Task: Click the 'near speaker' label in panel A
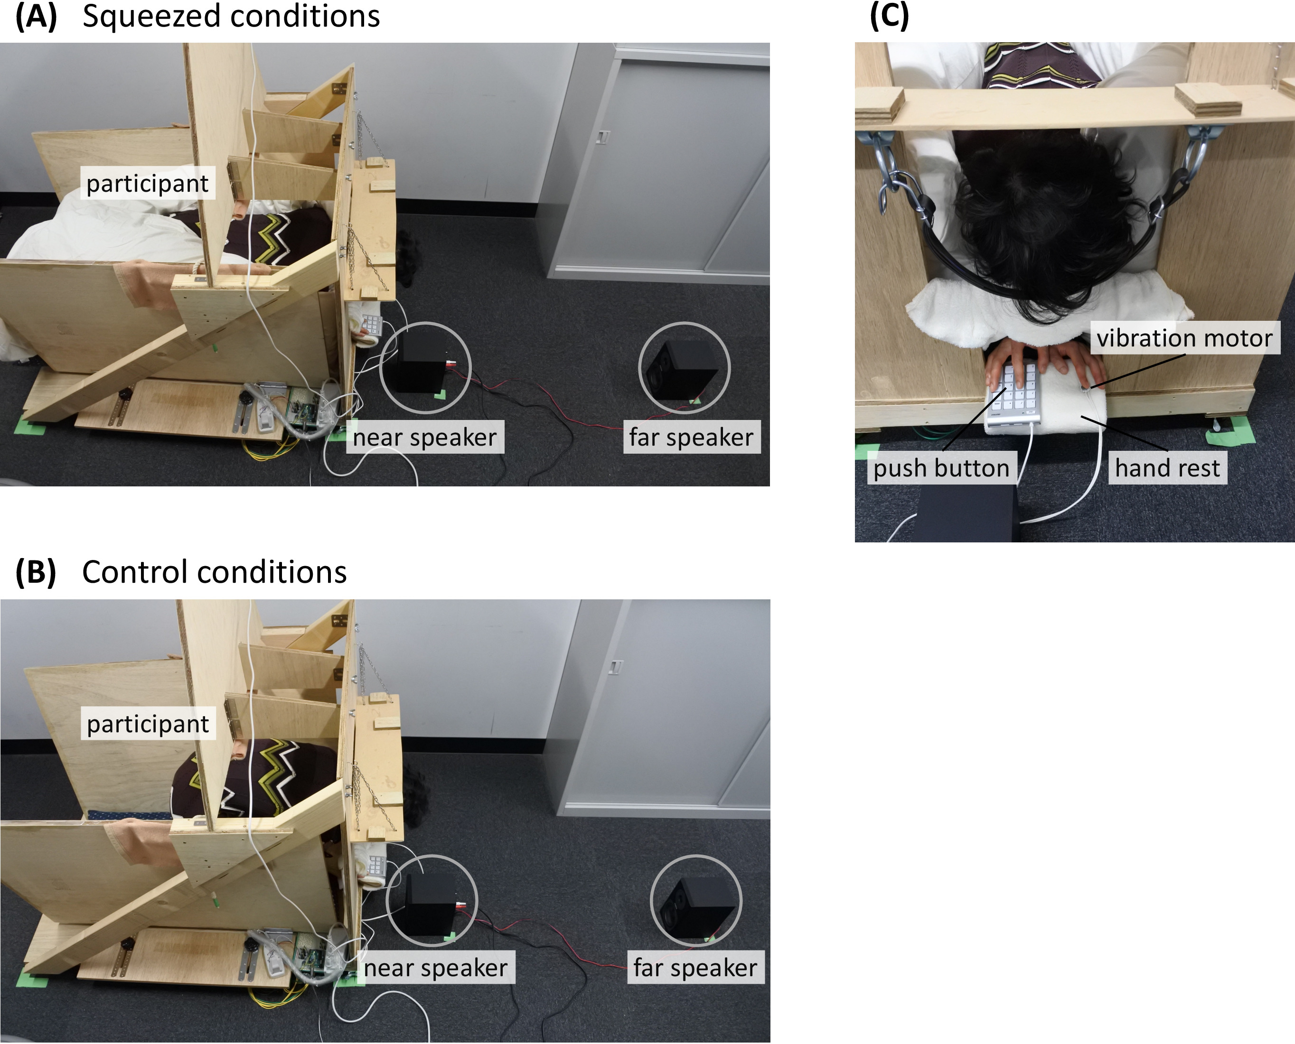[x=425, y=437]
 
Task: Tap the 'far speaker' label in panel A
[x=691, y=437]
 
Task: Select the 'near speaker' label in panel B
[x=435, y=968]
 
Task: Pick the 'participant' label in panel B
[x=148, y=724]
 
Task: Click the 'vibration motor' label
[x=1184, y=338]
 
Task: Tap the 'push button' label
[x=941, y=468]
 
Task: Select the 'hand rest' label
[x=1167, y=468]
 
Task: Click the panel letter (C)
[x=889, y=16]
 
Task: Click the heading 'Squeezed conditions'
[x=231, y=16]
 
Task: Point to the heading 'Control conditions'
[x=214, y=572]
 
